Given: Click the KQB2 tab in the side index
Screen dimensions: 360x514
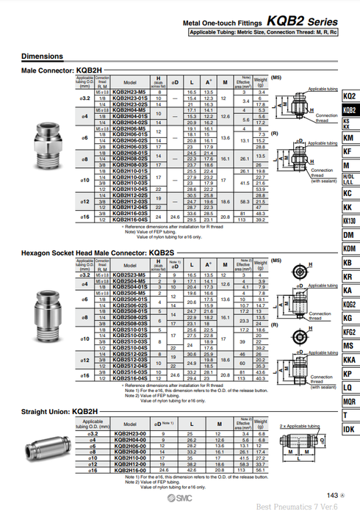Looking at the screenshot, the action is pos(349,111).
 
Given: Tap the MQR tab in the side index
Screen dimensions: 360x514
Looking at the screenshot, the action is pos(349,402).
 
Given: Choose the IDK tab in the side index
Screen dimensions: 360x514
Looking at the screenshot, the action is pos(349,429).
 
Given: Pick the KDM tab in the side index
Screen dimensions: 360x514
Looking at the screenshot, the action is pos(349,249).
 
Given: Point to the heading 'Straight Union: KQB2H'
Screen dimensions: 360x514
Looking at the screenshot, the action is pos(60,411).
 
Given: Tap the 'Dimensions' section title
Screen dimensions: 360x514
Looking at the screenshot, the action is pos(42,57).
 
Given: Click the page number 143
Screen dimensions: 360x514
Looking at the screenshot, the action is pos(331,496).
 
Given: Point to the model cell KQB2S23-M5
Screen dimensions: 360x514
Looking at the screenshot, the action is pos(129,274).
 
